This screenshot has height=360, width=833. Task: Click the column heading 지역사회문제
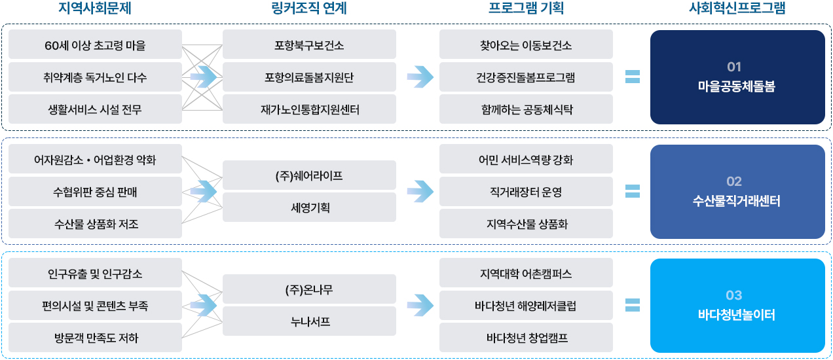pyautogui.click(x=95, y=9)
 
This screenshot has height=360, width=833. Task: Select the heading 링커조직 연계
pyautogui.click(x=308, y=9)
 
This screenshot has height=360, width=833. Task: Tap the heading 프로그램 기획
pyautogui.click(x=526, y=9)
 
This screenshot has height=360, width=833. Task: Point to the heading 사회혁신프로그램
pyautogui.click(x=737, y=9)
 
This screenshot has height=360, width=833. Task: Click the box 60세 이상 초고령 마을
pyautogui.click(x=95, y=45)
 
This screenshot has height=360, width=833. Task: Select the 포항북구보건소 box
pyautogui.click(x=309, y=45)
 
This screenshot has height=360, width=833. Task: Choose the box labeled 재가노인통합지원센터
pyautogui.click(x=309, y=109)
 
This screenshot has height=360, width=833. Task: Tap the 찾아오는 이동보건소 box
pyautogui.click(x=526, y=45)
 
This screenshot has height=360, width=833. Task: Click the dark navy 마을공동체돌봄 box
pyautogui.click(x=737, y=77)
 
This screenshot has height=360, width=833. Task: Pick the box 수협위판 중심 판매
pyautogui.click(x=95, y=192)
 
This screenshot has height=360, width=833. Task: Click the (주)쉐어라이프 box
pyautogui.click(x=309, y=175)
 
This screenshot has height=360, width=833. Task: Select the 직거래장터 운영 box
pyautogui.click(x=526, y=192)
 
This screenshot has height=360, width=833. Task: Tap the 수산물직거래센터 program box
pyautogui.click(x=737, y=192)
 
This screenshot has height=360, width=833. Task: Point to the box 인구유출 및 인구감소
pyautogui.click(x=95, y=274)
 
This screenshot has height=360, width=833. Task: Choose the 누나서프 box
pyautogui.click(x=309, y=321)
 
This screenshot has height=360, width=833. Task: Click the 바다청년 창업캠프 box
pyautogui.click(x=526, y=338)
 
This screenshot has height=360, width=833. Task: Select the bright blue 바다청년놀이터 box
pyautogui.click(x=737, y=306)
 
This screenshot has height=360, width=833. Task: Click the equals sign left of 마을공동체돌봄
pyautogui.click(x=632, y=77)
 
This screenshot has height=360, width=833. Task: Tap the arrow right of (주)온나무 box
pyautogui.click(x=420, y=304)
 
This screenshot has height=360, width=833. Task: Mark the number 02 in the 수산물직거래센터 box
pyautogui.click(x=734, y=181)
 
